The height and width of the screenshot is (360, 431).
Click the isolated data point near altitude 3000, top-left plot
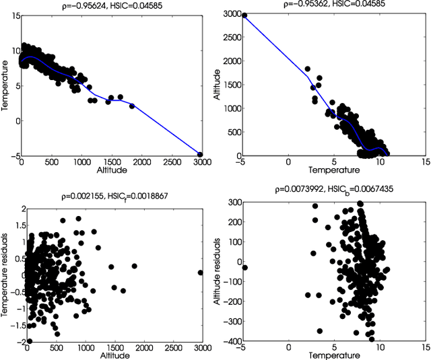tap(200, 154)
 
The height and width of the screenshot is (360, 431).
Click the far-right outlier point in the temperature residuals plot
tap(200, 273)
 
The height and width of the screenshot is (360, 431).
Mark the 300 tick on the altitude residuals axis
tap(231, 203)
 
